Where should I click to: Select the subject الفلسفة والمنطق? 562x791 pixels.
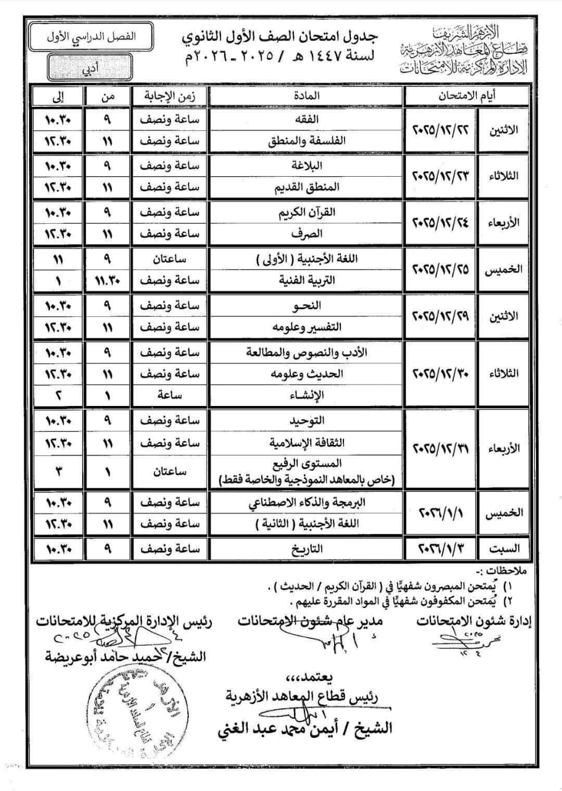coord(304,141)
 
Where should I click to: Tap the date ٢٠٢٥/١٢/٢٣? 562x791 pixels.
coord(440,176)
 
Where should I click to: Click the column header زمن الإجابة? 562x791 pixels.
coord(169,96)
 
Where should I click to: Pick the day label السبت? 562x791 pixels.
coord(505,548)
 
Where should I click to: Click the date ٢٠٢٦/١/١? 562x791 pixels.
coord(440,514)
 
